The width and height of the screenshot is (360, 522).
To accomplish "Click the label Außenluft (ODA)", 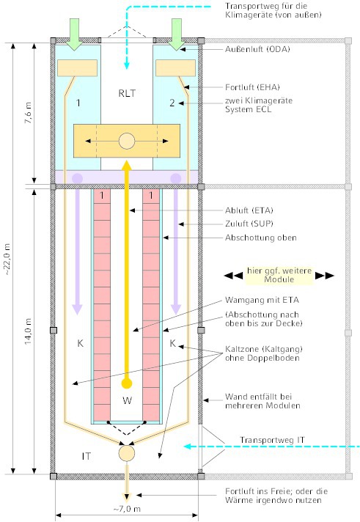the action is coord(257,49).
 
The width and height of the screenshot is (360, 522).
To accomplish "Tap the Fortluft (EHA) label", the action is coord(252,87).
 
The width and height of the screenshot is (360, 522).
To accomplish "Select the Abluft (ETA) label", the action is coord(249,210).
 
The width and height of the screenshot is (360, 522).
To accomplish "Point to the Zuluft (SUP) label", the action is coord(249,224).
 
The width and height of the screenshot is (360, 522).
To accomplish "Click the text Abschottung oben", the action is coord(261,238).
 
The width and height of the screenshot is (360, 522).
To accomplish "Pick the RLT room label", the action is coord(127,93).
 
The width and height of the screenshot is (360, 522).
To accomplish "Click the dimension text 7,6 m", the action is coord(29,113).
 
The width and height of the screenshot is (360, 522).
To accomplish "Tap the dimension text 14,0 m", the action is coord(29,331).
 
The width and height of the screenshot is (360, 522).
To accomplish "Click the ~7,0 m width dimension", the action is coord(127,509).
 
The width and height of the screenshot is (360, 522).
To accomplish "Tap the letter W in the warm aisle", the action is coord(128,400).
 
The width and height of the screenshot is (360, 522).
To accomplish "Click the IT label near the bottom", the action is coord(87,456).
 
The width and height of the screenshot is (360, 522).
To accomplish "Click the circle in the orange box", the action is coord(127,141).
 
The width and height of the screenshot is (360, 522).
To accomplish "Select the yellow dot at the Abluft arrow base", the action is coord(127,383).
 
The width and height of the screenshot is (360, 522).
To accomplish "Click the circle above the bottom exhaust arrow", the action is coord(127,453).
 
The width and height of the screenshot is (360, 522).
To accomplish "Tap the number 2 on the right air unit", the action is coord(172,103).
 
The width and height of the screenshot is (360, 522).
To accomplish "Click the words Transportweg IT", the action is coord(272,440).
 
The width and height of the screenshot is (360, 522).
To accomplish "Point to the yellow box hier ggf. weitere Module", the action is coord(279,276).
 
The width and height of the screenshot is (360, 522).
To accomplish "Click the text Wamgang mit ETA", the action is coord(262,301).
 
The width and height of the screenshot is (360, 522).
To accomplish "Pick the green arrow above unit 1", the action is coord(75,34).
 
